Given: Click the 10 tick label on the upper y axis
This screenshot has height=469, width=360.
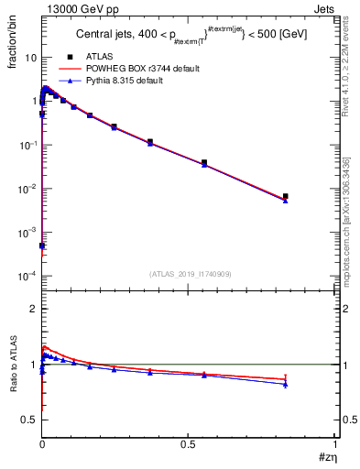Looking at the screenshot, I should pos(30,57).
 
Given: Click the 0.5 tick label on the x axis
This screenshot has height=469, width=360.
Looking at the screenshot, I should pos(188,444).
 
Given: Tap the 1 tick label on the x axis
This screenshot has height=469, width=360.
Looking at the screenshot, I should pos(334,444).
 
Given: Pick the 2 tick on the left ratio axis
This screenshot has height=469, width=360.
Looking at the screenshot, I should pos(34,309).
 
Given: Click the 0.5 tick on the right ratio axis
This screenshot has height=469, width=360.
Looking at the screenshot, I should pos(344,420).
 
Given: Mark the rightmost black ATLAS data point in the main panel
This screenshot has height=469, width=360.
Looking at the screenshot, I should pos(286,196).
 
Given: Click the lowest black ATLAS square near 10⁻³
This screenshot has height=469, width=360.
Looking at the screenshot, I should pos(42,246).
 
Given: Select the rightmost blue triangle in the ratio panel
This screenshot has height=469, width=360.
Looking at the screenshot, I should pos(286,385).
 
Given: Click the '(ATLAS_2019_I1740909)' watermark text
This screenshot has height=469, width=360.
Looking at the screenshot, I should pos(189,274).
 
